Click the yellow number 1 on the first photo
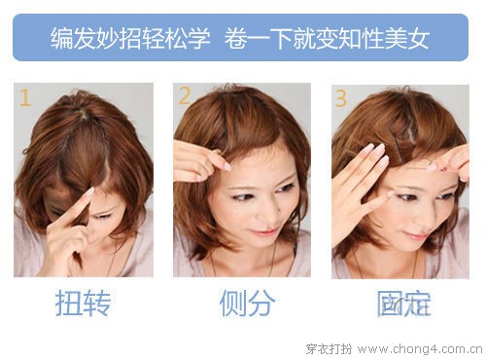pos(25,97)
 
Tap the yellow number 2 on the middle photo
pos(185,95)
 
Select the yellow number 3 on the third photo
pos(340,98)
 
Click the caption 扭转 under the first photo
pos(84,304)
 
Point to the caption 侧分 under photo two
pos(247,304)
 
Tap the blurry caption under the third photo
pos(403,304)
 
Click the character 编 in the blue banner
pos(61,39)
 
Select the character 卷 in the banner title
pos(235,39)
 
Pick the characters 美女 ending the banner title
pos(407,39)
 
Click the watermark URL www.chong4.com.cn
pos(420,349)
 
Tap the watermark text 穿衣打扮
pos(329,349)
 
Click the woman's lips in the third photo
pos(414,235)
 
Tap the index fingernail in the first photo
pos(89,191)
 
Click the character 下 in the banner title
pos(282,39)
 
